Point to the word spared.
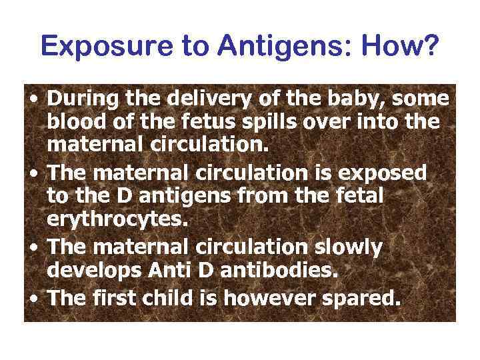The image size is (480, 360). click(364, 297)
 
